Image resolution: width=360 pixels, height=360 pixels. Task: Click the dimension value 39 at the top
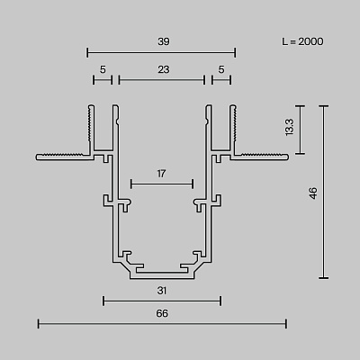(x=164, y=41)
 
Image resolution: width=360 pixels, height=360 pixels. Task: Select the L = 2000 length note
(x=302, y=41)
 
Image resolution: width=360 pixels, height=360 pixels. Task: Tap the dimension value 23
(x=164, y=69)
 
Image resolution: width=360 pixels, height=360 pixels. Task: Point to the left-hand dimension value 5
(x=103, y=69)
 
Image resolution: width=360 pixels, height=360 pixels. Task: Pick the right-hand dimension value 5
(x=221, y=69)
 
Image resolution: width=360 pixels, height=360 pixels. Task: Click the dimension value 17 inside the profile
(x=161, y=174)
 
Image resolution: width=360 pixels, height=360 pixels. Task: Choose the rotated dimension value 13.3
(x=290, y=127)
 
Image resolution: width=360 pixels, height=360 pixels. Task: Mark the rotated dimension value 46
(x=313, y=193)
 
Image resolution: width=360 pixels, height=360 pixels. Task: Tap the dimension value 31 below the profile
(x=162, y=291)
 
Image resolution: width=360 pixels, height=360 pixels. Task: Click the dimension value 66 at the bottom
(x=162, y=313)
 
